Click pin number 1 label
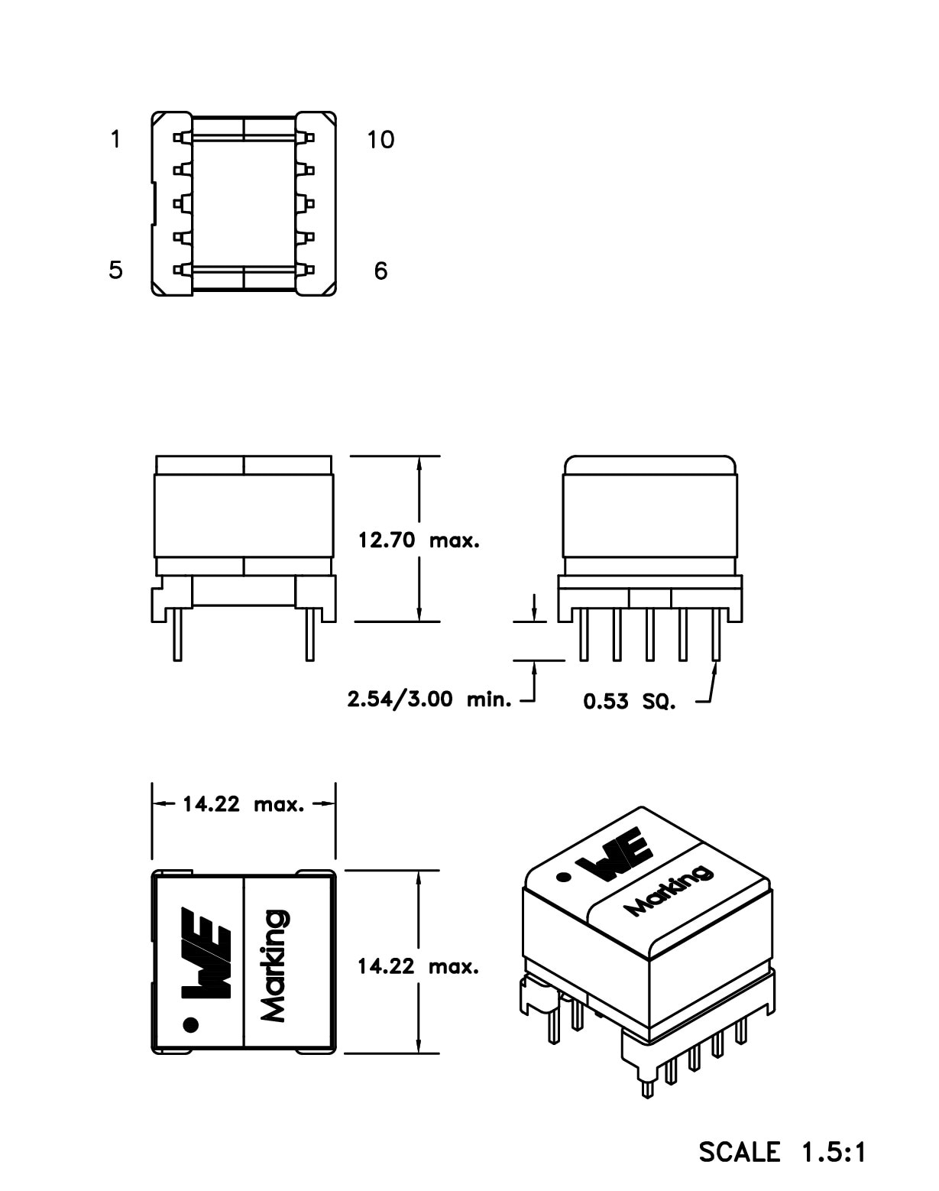115,140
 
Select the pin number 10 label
380,140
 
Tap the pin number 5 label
115,270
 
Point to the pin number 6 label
380,271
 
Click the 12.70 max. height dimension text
419,540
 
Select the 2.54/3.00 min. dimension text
429,699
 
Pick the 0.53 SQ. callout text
630,701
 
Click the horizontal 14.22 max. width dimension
243,804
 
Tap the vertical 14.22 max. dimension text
418,966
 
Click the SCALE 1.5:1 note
782,1151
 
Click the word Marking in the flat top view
274,965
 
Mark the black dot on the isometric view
564,878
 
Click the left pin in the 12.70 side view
177,634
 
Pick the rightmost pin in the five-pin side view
716,634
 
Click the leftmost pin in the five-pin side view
584,634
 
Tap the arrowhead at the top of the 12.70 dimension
419,463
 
